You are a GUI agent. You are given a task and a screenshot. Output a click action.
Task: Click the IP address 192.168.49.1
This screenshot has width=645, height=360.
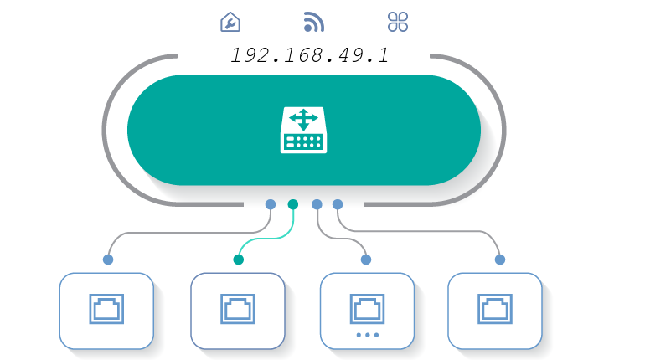tap(309, 56)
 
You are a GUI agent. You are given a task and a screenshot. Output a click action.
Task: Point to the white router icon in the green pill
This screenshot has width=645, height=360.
tap(303, 130)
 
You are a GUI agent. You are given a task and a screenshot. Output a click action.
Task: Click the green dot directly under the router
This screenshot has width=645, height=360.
tap(292, 204)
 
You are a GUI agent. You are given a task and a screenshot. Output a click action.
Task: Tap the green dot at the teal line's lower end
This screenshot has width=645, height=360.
tap(239, 260)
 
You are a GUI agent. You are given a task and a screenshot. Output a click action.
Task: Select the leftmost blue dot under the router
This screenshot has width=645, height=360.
tap(270, 204)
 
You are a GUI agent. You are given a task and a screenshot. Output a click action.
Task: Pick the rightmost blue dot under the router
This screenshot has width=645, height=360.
tap(338, 204)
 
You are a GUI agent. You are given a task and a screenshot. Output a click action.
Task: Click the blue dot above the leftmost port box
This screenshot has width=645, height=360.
tap(108, 260)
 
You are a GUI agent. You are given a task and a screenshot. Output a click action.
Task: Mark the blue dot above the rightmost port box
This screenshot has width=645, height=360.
tap(500, 260)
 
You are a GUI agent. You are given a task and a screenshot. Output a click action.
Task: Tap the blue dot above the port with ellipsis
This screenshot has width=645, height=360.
tap(365, 260)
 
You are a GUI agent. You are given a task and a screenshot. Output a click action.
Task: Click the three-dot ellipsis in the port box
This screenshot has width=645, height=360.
tap(367, 335)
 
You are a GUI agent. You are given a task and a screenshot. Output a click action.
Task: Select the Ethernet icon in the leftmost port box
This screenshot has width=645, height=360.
tap(106, 308)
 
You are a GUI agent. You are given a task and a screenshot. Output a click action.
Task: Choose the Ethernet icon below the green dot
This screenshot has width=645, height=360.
tap(238, 308)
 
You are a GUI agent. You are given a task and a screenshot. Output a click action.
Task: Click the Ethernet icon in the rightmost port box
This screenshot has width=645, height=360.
tap(495, 308)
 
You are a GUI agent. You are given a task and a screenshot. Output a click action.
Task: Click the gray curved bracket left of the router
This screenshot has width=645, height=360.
tap(106, 130)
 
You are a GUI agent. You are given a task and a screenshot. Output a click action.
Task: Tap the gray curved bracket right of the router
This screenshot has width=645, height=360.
tap(503, 130)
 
